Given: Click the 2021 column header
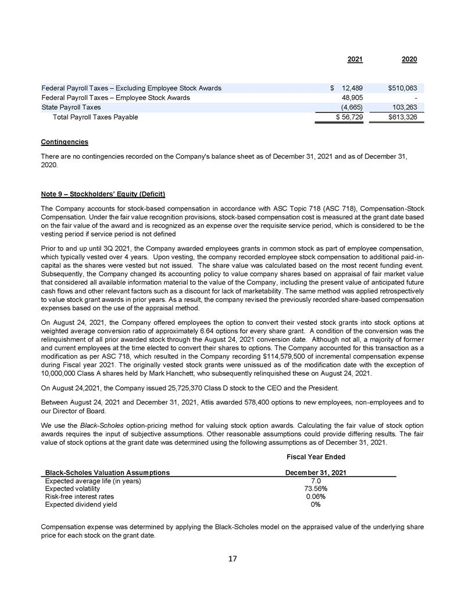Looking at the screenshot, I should pyautogui.click(x=355, y=59).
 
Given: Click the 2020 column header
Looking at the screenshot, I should pyautogui.click(x=409, y=59).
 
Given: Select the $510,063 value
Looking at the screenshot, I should pyautogui.click(x=402, y=88).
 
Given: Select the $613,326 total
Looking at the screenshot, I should pyautogui.click(x=402, y=117).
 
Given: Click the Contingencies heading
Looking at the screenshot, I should pyautogui.click(x=65, y=142).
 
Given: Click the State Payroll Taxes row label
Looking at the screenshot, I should pyautogui.click(x=71, y=108).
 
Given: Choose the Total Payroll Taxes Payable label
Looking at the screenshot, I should pyautogui.click(x=95, y=117).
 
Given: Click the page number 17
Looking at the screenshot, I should pyautogui.click(x=233, y=559).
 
